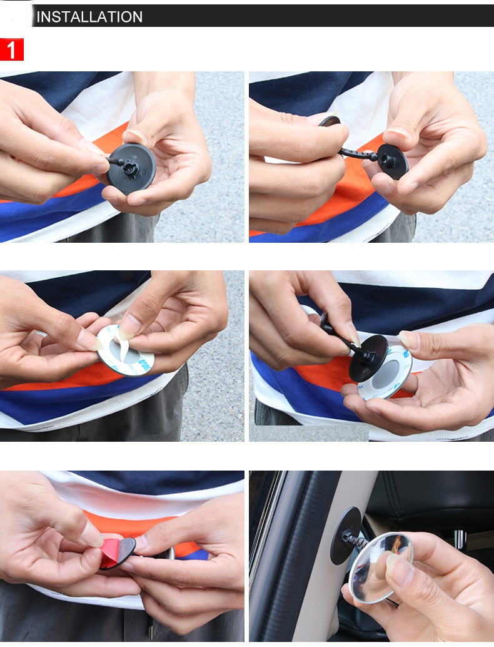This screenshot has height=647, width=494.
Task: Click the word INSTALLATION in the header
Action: tap(89, 17)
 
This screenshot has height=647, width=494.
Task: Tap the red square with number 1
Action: tap(11, 49)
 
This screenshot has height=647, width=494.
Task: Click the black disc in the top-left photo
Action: tap(131, 169)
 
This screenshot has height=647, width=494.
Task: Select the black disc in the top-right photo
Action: tap(392, 161)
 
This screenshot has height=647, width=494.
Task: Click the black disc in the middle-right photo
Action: tap(368, 358)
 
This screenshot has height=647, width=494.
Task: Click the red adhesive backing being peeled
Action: tap(109, 552)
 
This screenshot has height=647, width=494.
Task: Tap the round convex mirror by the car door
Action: tap(380, 568)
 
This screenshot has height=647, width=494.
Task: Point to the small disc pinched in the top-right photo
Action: tap(330, 121)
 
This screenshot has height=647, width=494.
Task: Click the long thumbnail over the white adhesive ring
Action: tap(129, 327)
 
